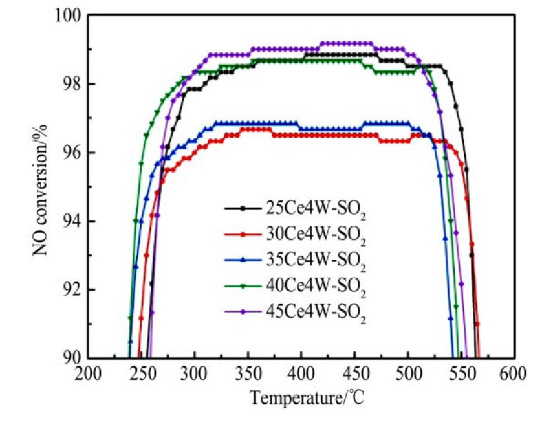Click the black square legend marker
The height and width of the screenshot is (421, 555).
(243, 208)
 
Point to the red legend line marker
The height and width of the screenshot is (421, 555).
(243, 234)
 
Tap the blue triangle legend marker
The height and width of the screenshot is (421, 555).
(243, 259)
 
